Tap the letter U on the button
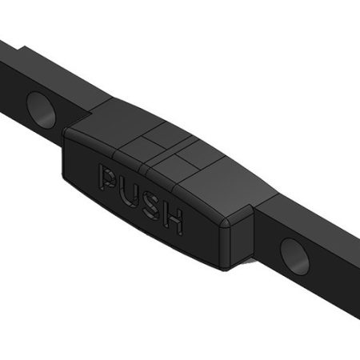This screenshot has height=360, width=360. tap(128, 189)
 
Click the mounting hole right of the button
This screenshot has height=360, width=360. tap(294, 255)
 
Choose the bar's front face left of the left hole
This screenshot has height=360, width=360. tap(12, 84)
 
